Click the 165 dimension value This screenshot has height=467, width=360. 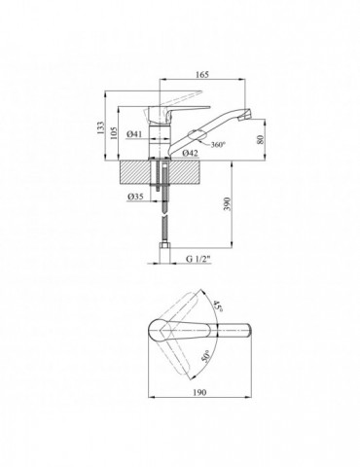(202, 74)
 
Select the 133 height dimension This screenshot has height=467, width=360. (101, 127)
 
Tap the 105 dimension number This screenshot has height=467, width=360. (114, 132)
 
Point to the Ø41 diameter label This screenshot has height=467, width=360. (134, 134)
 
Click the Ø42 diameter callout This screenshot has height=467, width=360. (190, 153)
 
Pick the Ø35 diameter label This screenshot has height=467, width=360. (135, 197)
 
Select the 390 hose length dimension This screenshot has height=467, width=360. (228, 204)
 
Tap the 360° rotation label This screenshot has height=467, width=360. (218, 145)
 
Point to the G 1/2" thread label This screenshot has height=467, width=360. (198, 259)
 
